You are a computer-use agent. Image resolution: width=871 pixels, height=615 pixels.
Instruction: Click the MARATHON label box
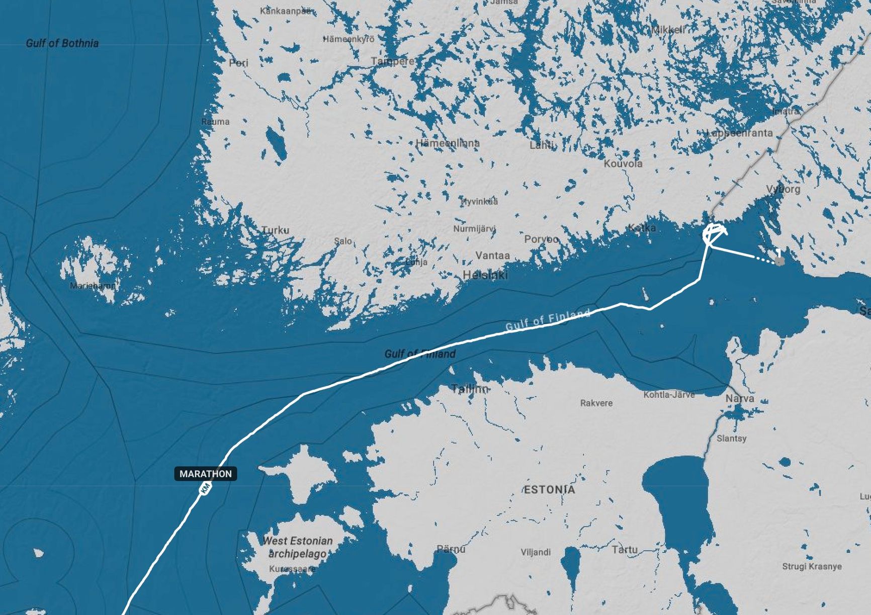(x=205, y=474)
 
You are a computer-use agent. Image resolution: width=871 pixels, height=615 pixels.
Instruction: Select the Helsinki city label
(x=485, y=275)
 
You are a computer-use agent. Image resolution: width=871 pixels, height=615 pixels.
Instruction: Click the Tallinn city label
(x=470, y=389)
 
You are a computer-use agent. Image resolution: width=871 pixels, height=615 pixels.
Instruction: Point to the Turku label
(x=275, y=230)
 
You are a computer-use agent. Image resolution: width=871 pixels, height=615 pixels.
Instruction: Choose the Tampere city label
(x=393, y=61)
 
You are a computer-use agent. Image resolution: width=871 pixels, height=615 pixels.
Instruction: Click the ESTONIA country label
(x=549, y=489)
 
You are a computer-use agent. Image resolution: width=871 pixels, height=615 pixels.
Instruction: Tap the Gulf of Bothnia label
(x=62, y=43)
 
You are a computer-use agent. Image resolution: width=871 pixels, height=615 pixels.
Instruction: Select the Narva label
(x=739, y=398)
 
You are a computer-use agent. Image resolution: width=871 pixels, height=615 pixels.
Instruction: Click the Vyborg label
(x=783, y=189)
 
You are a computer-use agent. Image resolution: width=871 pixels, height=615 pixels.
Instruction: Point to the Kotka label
(x=642, y=228)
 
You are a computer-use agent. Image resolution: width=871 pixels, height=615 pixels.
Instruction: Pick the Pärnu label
(x=451, y=549)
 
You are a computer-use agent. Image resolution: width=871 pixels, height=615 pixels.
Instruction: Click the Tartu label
(x=625, y=550)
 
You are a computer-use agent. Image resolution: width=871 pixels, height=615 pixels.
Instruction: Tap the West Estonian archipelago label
(x=297, y=547)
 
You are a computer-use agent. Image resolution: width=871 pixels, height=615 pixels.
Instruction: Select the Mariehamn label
(x=93, y=286)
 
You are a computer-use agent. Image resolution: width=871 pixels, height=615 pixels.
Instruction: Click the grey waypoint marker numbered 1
(x=779, y=261)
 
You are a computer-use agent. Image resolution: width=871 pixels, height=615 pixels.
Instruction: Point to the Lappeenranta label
(x=740, y=133)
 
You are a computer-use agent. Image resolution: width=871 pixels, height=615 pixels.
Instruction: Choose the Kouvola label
(x=623, y=163)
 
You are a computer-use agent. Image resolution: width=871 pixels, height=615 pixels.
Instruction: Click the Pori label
(x=238, y=63)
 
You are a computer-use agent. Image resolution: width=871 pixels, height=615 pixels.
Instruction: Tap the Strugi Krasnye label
(x=812, y=566)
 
